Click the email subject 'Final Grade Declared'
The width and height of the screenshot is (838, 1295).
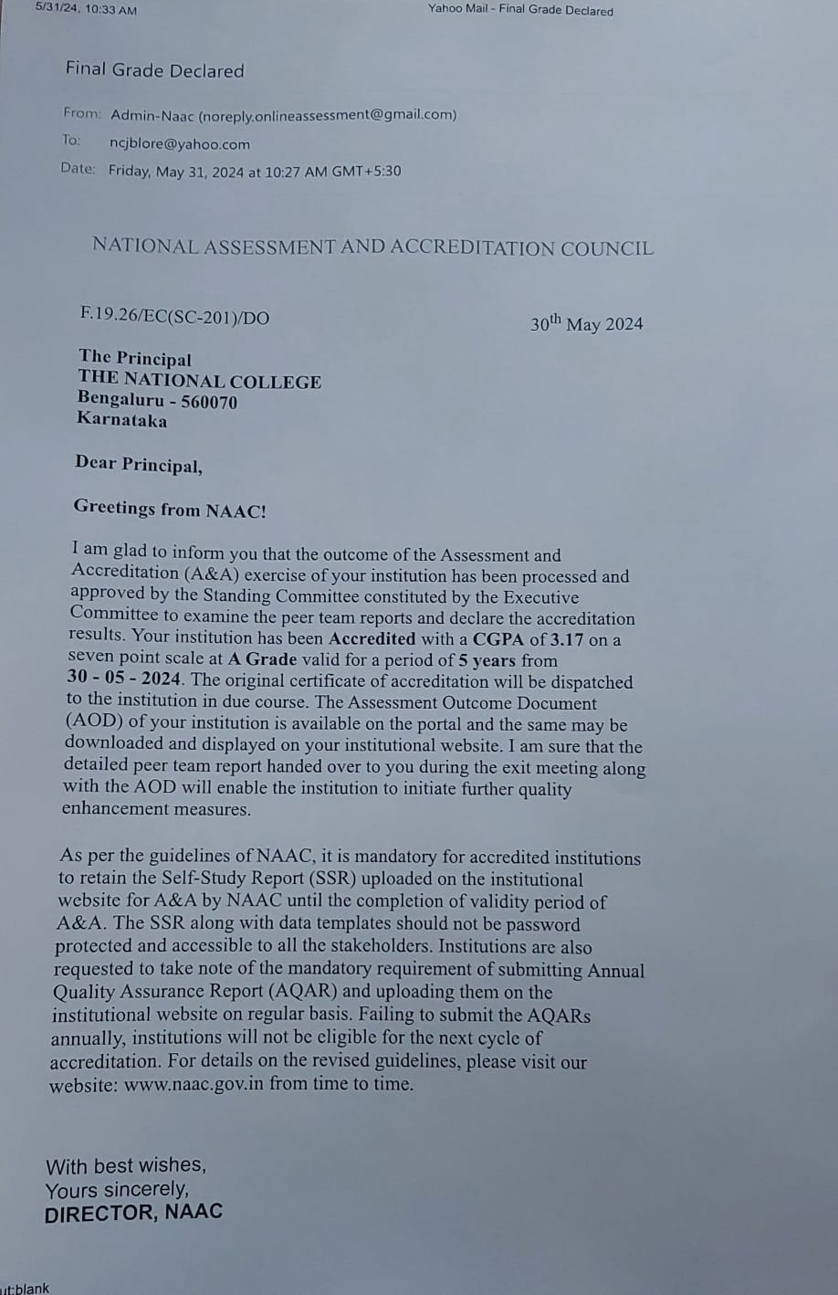click(x=154, y=70)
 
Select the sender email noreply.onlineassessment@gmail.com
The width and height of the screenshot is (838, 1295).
click(x=328, y=115)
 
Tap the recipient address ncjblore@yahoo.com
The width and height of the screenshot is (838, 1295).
click(x=179, y=143)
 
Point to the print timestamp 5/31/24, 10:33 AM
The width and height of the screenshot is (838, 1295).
click(x=86, y=9)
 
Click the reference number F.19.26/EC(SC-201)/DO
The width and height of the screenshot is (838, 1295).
click(x=174, y=316)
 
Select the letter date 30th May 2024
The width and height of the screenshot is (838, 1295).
click(x=586, y=324)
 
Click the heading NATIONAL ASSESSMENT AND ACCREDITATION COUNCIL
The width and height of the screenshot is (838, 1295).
click(x=372, y=247)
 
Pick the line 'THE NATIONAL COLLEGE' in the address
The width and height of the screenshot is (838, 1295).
click(x=199, y=381)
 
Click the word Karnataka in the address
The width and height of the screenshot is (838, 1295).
click(x=122, y=420)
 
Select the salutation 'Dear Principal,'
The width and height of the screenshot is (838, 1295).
click(x=139, y=464)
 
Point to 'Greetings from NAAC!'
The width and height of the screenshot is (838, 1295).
click(x=170, y=509)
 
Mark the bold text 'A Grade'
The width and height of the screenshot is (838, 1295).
click(x=263, y=659)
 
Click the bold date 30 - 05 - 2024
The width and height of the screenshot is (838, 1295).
click(x=124, y=679)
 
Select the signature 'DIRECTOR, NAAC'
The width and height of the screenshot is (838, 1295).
click(x=133, y=1213)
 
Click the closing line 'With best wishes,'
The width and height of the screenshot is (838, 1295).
click(x=126, y=1165)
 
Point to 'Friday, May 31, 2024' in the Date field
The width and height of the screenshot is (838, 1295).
click(x=176, y=171)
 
